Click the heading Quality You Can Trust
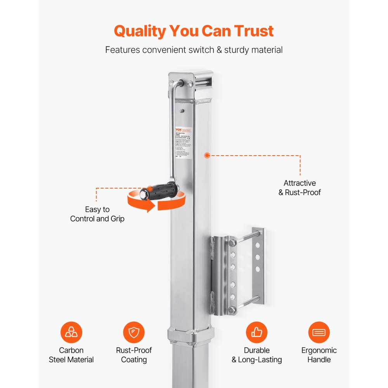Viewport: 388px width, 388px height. [x=194, y=31]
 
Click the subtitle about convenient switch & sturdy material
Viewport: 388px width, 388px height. [x=194, y=50]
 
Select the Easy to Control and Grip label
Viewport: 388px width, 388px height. [x=97, y=214]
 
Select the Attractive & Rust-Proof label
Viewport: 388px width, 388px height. [x=300, y=188]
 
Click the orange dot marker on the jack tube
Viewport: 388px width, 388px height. [x=207, y=155]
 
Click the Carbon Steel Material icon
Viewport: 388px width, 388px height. [x=71, y=333]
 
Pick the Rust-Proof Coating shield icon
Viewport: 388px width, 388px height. [x=134, y=333]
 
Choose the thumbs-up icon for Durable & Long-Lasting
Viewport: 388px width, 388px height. [x=257, y=333]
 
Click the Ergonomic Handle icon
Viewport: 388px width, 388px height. [x=319, y=333]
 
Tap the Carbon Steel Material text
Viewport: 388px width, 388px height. [x=71, y=355]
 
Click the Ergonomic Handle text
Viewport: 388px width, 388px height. [x=319, y=355]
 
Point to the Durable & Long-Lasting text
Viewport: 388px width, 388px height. [x=257, y=355]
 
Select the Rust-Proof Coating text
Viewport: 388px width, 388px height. [x=134, y=355]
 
